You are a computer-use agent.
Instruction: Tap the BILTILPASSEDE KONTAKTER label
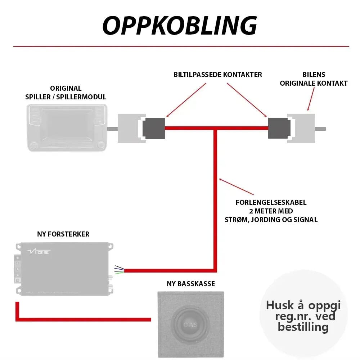pyautogui.click(x=218, y=75)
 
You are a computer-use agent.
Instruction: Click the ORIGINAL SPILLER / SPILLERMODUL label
pyautogui.click(x=66, y=93)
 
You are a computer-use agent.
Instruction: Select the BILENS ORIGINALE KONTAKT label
pyautogui.click(x=314, y=79)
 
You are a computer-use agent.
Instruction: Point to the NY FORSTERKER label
pyautogui.click(x=63, y=234)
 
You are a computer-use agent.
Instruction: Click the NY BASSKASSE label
pyautogui.click(x=191, y=284)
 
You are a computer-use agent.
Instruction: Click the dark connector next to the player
pyautogui.click(x=154, y=128)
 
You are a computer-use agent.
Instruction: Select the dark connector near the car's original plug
pyautogui.click(x=279, y=128)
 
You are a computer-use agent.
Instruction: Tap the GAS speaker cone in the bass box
pyautogui.click(x=191, y=324)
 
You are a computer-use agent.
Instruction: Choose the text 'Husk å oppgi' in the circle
pyautogui.click(x=303, y=306)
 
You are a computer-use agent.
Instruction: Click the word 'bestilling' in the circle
pyautogui.click(x=303, y=327)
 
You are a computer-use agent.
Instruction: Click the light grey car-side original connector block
pyautogui.click(x=302, y=128)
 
